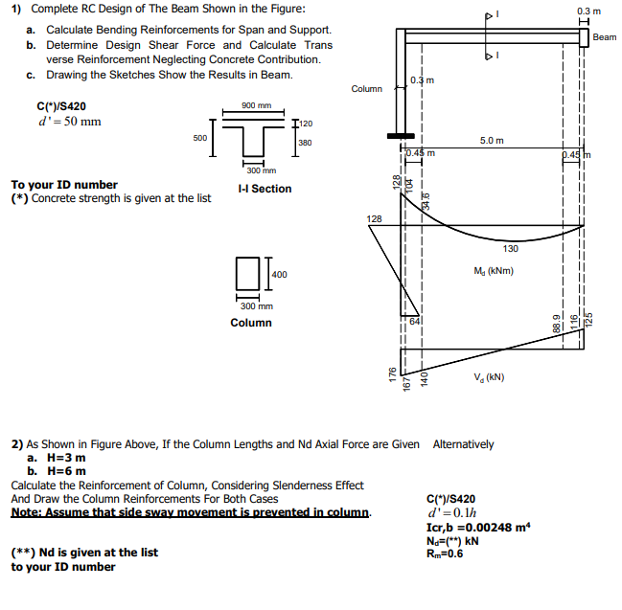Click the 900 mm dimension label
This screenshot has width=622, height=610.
(258, 105)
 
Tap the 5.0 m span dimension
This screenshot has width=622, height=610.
(492, 141)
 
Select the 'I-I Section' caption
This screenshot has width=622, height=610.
(265, 189)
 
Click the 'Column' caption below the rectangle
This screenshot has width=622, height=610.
(251, 323)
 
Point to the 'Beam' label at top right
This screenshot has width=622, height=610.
(605, 37)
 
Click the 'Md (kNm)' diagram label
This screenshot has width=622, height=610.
(495, 271)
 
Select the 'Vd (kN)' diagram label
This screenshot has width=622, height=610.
(489, 376)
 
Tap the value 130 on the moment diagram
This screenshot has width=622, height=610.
(511, 249)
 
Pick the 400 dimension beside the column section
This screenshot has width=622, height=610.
(280, 275)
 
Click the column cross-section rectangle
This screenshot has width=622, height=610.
(247, 273)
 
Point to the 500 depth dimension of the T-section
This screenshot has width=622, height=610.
(200, 138)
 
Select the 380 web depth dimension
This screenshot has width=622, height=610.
(305, 143)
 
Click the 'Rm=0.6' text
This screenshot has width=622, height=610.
(445, 553)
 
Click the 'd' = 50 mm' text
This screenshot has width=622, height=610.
(55, 122)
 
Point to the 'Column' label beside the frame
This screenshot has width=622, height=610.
(366, 89)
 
